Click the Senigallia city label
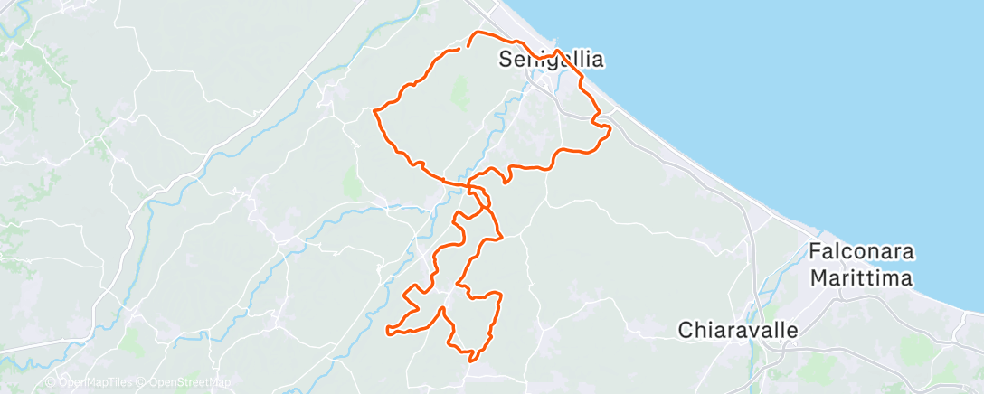pos(551,61)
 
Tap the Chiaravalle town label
pos(738,330)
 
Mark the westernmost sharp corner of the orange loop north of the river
pos(374,110)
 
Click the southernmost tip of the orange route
pos(471,360)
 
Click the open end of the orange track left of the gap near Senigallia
pos(459,49)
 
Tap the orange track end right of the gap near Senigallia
pos(468,42)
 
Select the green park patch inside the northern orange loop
pos(460,91)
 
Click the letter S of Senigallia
pos(506,61)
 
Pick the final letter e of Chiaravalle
pos(792,330)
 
